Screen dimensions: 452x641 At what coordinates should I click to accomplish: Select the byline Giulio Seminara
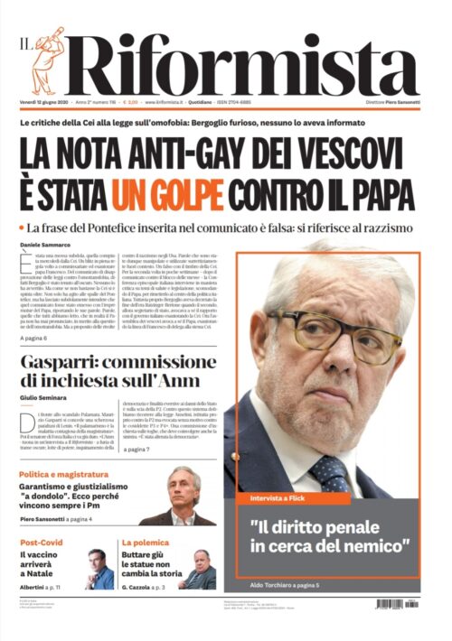(46, 398)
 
